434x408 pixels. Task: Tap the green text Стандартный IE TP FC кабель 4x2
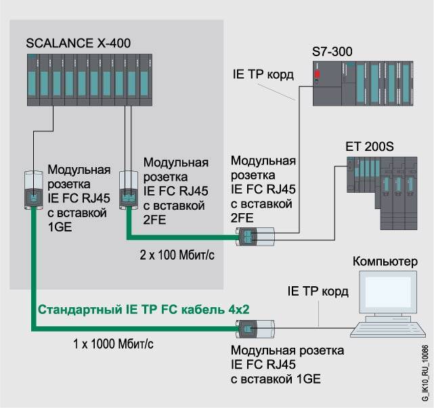pos(144,309)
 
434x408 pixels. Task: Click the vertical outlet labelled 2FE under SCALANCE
pos(127,189)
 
